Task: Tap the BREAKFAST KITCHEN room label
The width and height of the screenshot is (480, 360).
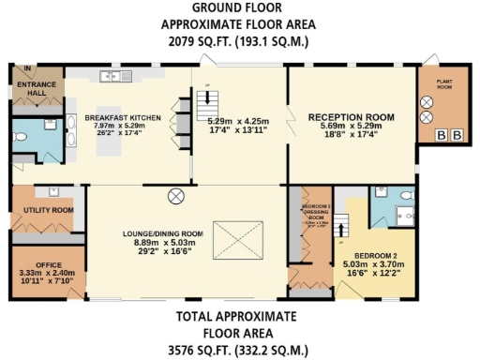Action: (124, 117)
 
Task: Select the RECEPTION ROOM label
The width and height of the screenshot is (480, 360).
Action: (352, 117)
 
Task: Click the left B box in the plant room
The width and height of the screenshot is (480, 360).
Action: (441, 136)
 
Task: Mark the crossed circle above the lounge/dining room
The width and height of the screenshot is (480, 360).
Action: (175, 196)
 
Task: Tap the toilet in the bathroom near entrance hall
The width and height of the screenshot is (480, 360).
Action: (27, 135)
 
